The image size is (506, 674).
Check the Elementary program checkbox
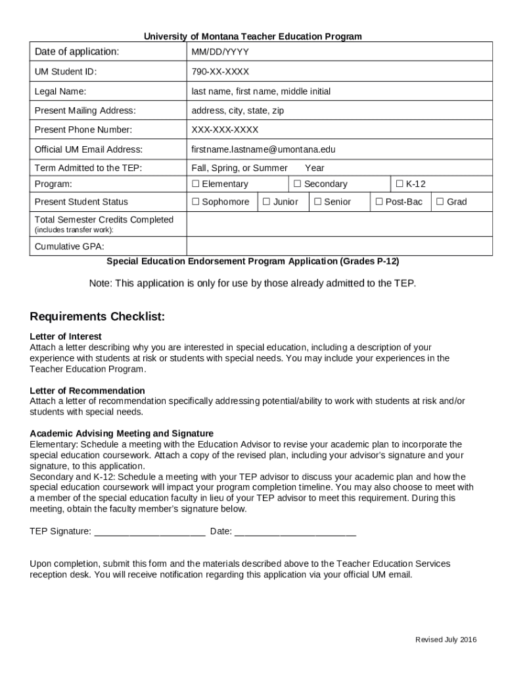[x=195, y=184]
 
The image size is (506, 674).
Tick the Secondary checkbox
[x=297, y=184]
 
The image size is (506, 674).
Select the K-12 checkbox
[x=399, y=184]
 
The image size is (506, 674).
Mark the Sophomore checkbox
[x=195, y=202]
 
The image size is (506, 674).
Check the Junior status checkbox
[x=266, y=202]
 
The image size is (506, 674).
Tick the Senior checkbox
[x=317, y=202]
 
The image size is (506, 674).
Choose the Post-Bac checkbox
[x=379, y=202]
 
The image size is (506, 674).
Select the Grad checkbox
[x=440, y=202]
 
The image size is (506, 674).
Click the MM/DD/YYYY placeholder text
[x=220, y=52]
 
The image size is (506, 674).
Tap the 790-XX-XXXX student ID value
[x=220, y=72]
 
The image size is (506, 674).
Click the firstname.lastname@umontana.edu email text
[x=264, y=149]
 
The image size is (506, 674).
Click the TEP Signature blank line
[x=150, y=532]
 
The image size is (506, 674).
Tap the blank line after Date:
[x=295, y=532]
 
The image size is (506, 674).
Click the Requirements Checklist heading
[x=97, y=317]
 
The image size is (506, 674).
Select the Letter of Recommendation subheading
[x=87, y=390]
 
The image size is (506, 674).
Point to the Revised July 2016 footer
[x=446, y=640]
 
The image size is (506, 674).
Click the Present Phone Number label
[x=83, y=130]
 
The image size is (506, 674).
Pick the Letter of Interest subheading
[x=66, y=336]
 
